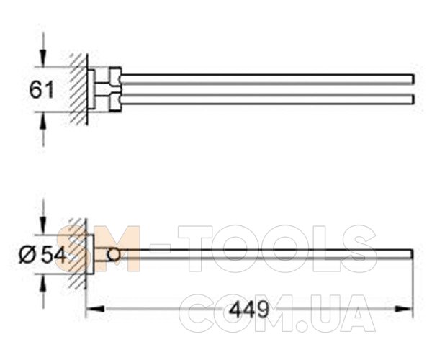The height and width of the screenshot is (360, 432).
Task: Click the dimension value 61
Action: pos(41,90)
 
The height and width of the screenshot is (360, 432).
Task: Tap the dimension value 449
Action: pos(249,309)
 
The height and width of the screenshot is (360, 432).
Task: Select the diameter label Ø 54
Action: pos(42,255)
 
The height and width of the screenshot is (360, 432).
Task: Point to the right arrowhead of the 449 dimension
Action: pos(404,309)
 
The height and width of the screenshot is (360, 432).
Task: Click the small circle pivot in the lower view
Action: pos(114,254)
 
